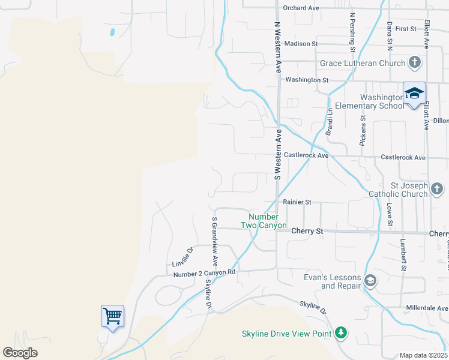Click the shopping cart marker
113,316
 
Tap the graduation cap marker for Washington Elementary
414,94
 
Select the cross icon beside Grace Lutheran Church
414,62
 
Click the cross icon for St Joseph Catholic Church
436,190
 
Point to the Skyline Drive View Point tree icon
341,333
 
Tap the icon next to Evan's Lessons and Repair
371,281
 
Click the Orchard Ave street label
301,8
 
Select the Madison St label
301,44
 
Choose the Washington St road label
307,80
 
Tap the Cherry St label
307,231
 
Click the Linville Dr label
182,257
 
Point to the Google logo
20,353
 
